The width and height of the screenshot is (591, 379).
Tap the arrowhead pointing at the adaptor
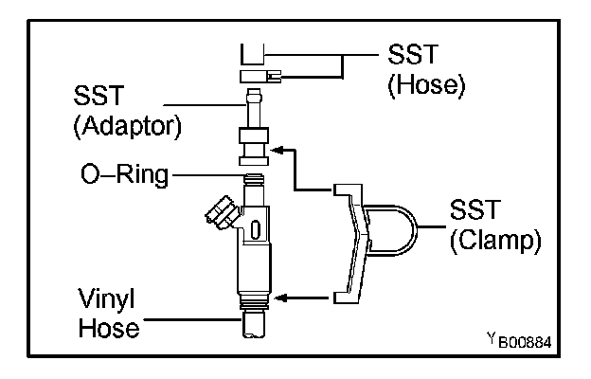click(277, 148)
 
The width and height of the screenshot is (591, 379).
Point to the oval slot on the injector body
click(256, 229)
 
